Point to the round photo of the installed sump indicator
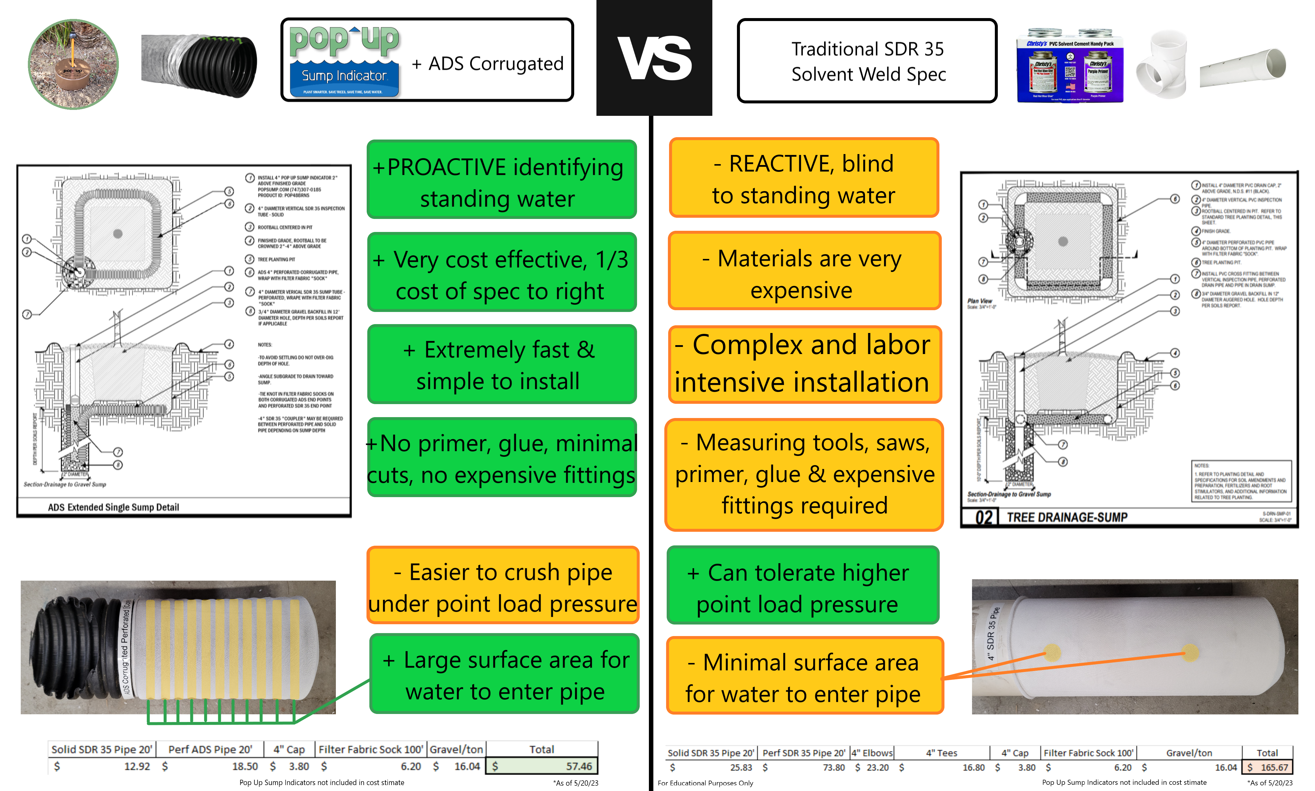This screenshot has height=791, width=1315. (73, 65)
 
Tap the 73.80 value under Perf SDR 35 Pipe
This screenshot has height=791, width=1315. (834, 768)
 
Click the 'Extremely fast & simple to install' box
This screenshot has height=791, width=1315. (501, 365)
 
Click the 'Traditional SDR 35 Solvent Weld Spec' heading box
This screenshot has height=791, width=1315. (867, 61)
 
